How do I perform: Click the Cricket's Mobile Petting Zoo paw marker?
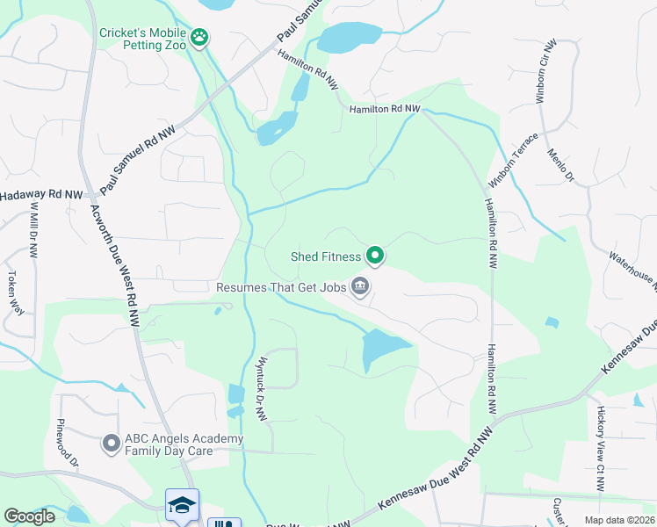[201, 37]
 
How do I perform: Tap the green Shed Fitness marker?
[375, 256]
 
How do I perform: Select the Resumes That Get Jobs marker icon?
[360, 286]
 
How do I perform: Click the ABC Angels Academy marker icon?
[111, 444]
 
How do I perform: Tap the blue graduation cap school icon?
[182, 505]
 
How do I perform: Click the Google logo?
[29, 516]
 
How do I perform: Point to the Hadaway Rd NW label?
[41, 195]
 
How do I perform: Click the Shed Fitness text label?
[326, 256]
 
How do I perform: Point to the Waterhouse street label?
[632, 267]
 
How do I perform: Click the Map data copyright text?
[607, 520]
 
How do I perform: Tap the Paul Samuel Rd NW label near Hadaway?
[141, 159]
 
